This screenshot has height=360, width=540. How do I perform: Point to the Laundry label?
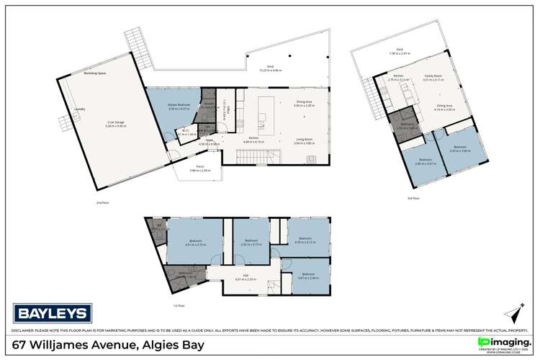79,109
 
